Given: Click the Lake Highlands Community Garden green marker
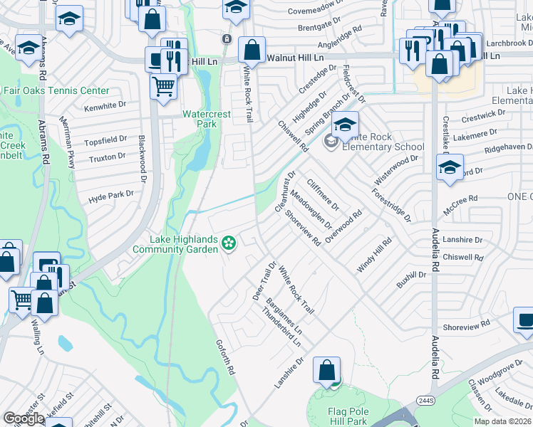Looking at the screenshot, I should (229, 244).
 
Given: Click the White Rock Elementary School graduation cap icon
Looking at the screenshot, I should (345, 124).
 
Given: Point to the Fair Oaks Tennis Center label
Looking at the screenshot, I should (57, 91).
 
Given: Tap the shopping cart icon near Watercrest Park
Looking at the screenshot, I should (164, 87).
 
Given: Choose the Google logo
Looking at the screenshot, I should (24, 418).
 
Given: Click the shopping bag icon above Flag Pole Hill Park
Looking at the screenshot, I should (326, 370).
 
